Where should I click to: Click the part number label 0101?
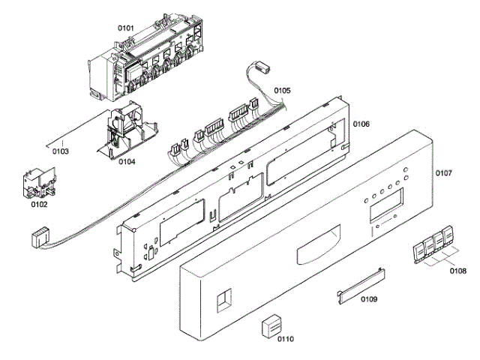coord(125,28)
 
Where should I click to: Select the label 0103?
coord(61,151)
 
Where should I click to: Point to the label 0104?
coord(127,161)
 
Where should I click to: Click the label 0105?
coord(282,90)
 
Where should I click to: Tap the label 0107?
coord(443,173)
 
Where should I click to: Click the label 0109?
coord(368,299)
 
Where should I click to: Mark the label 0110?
coord(286,339)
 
